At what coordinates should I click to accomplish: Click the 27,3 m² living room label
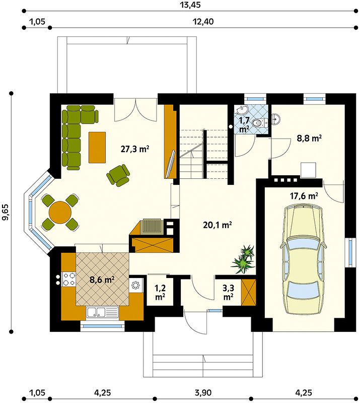click(135, 149)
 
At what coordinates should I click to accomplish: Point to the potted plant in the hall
click(244, 259)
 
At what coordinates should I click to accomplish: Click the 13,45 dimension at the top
click(191, 5)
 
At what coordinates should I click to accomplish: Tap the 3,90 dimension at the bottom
click(203, 392)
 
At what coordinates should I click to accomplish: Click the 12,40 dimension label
click(203, 22)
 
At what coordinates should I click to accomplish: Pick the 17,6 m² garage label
click(304, 196)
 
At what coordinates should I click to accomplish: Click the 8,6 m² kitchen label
click(102, 280)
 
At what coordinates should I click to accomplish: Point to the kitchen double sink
click(103, 312)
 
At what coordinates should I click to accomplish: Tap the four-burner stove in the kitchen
click(69, 279)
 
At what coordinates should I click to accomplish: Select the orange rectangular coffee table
click(97, 147)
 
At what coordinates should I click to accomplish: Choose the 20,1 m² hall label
click(218, 225)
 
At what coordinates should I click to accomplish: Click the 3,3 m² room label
click(228, 293)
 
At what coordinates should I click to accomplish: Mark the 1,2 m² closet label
click(160, 293)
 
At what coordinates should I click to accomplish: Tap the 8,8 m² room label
click(309, 138)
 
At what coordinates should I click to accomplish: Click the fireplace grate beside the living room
click(152, 226)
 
